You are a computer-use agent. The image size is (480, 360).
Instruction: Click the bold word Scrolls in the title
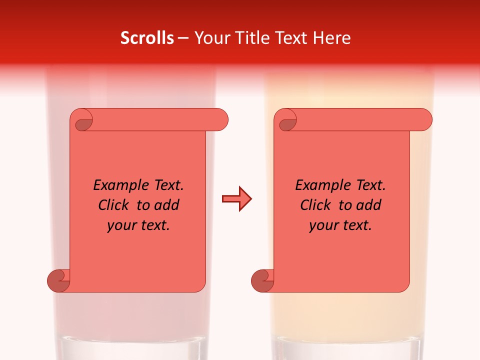tap(147, 38)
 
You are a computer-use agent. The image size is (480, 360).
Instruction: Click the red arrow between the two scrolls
tap(236, 199)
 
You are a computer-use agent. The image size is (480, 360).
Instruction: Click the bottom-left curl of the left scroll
tap(59, 280)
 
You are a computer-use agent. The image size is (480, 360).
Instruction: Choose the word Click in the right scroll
tap(315, 205)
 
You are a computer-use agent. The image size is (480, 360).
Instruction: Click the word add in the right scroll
tap(369, 205)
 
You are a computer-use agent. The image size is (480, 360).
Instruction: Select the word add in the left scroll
tap(167, 205)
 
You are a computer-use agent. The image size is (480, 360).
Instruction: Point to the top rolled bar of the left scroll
tap(155, 119)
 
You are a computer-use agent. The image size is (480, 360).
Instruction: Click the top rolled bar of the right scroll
tap(360, 119)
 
